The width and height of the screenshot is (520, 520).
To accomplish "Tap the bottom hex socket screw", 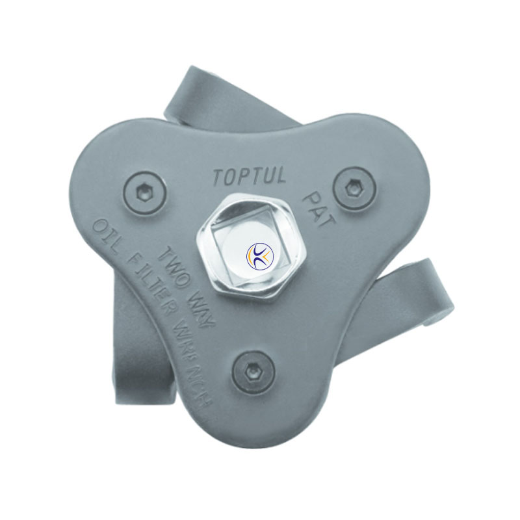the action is click(x=253, y=372).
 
